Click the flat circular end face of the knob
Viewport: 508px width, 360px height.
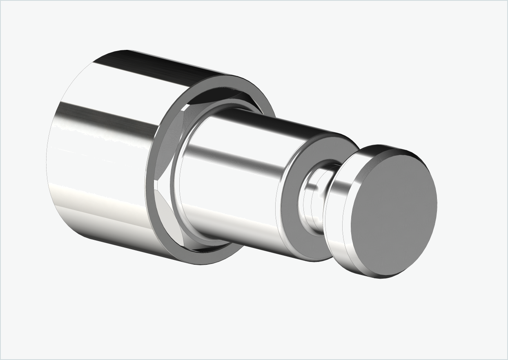(394, 212)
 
